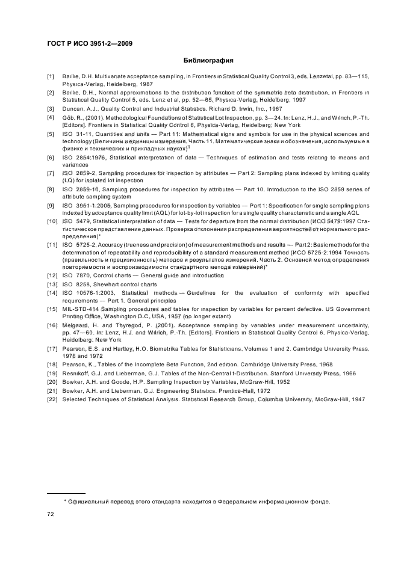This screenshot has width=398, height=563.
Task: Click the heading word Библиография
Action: [x=208, y=61]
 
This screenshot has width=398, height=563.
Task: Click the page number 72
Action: [x=51, y=515]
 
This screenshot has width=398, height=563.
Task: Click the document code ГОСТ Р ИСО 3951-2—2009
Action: [x=90, y=43]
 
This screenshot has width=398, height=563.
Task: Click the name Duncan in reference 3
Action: [x=73, y=108]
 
